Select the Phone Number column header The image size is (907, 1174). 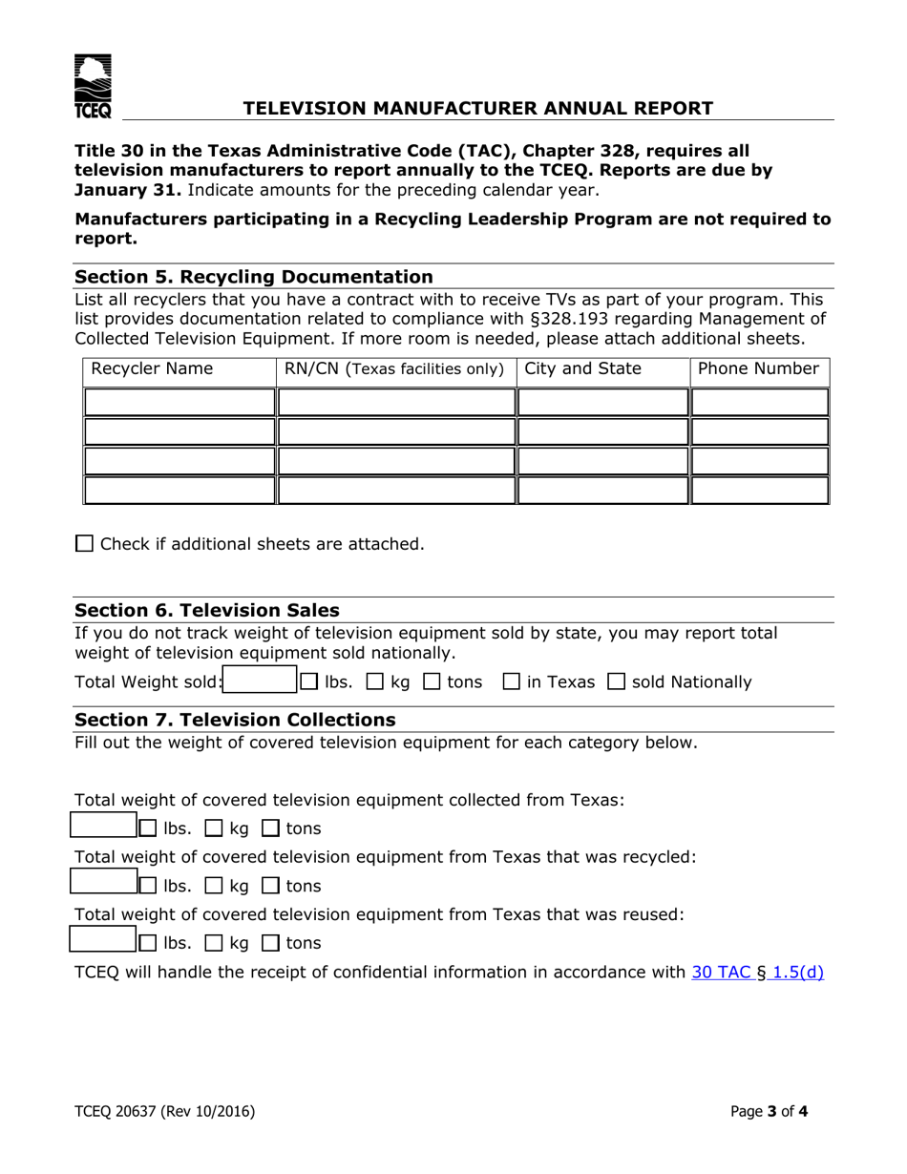pos(759,368)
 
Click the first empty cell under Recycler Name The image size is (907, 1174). pos(179,402)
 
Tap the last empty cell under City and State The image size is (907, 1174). pos(602,491)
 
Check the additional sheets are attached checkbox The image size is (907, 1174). pos(84,544)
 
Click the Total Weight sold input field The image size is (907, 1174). pos(259,681)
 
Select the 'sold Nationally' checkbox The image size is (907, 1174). pos(617,682)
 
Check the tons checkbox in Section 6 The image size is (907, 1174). pos(432,682)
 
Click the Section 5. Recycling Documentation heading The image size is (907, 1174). pos(254,277)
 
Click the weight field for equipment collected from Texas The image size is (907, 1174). pos(105,827)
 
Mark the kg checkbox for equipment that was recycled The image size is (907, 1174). pos(213,885)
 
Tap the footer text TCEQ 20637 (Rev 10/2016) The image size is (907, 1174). pos(164,1110)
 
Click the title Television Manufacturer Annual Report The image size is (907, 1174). pos(477,108)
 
